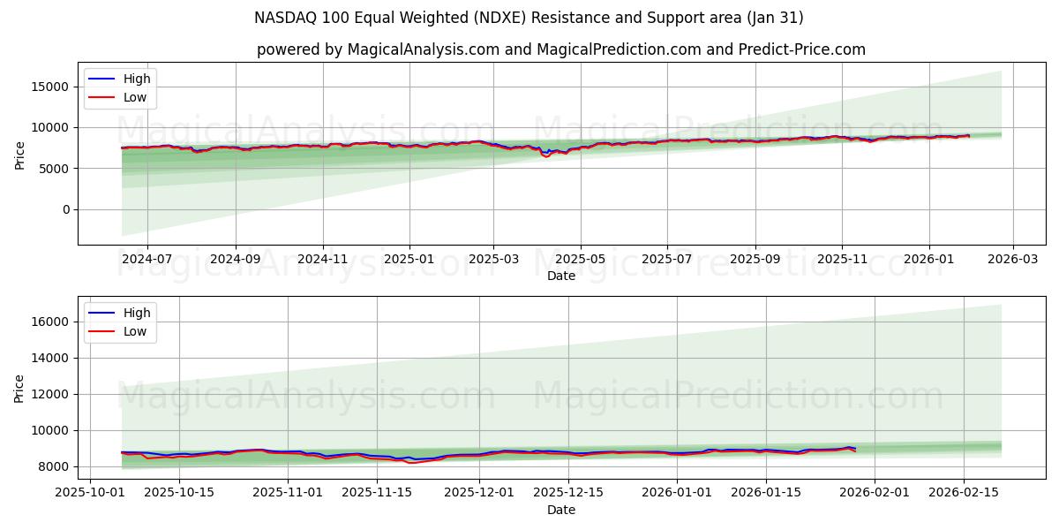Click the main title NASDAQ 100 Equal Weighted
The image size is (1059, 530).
(x=529, y=18)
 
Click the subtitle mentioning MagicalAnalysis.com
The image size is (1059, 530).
(x=560, y=49)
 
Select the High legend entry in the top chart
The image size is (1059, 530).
(x=137, y=79)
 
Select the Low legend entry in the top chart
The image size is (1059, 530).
(x=135, y=98)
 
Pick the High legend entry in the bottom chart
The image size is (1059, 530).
(x=137, y=313)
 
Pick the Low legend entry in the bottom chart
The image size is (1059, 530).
(x=135, y=332)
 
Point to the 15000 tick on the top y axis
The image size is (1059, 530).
(x=51, y=87)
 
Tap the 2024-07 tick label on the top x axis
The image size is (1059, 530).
(x=146, y=259)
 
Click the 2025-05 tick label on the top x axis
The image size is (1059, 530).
(x=581, y=259)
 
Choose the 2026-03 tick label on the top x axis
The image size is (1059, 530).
(x=1012, y=259)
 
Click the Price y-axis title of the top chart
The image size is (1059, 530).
(x=20, y=154)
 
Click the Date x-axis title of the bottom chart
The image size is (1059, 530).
(x=560, y=510)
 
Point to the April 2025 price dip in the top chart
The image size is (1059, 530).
(x=546, y=155)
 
